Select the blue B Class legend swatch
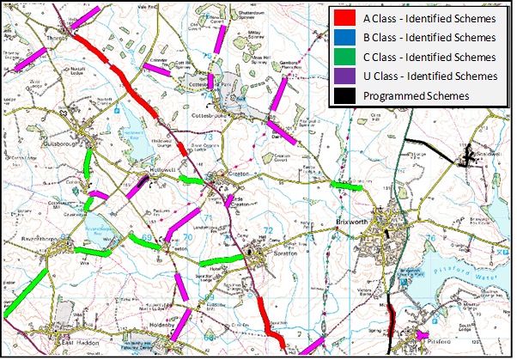point(345,39)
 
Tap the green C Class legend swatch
point(345,58)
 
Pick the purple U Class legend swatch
point(345,76)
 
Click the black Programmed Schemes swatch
point(345,95)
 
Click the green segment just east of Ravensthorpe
point(93,251)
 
